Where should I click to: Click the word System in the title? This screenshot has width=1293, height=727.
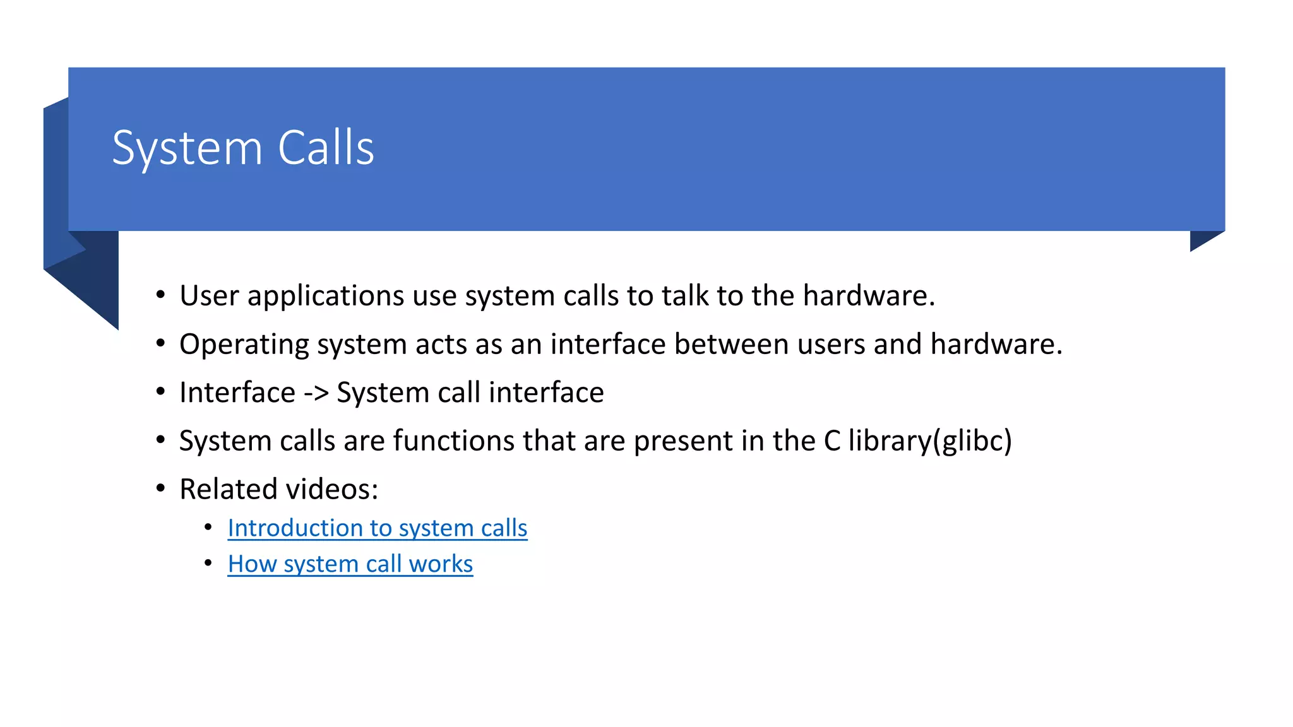point(187,149)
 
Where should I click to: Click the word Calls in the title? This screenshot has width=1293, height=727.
point(326,148)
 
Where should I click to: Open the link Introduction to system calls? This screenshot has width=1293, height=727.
point(377,528)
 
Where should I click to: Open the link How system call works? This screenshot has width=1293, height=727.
point(350,564)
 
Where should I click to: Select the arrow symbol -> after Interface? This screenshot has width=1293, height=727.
point(316,393)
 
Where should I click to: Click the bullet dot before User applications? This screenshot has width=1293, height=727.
point(160,295)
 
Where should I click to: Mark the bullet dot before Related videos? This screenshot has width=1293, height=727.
point(160,488)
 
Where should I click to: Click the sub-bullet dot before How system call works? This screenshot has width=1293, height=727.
point(208,562)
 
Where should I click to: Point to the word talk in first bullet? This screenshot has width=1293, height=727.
point(685,296)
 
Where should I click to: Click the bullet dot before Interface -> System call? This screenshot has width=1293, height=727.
point(160,391)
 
